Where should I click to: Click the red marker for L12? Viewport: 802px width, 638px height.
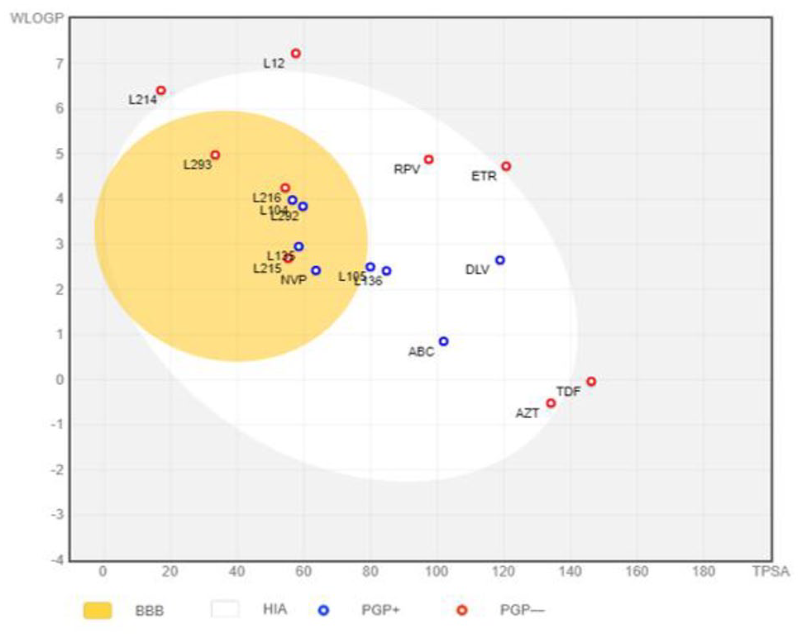click(x=295, y=54)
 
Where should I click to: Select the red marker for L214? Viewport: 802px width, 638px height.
click(x=161, y=90)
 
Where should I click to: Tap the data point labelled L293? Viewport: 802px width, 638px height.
click(x=215, y=155)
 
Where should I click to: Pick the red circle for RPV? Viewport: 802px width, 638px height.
click(x=428, y=159)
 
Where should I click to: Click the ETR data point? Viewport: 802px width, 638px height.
click(x=506, y=166)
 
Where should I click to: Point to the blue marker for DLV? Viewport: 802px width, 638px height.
click(x=499, y=260)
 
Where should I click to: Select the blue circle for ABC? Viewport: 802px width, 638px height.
click(x=443, y=341)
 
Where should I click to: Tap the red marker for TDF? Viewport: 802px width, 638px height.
click(x=591, y=381)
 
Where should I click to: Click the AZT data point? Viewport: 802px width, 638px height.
click(x=551, y=403)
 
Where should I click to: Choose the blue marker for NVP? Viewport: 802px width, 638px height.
click(x=316, y=270)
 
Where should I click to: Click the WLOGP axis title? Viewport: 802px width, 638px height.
click(x=31, y=17)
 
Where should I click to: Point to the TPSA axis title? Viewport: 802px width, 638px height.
click(x=771, y=571)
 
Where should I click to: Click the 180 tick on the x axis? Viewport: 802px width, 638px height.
click(x=703, y=571)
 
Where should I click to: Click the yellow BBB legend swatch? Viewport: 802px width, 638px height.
click(x=98, y=610)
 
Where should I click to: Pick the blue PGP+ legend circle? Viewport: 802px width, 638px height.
click(x=324, y=610)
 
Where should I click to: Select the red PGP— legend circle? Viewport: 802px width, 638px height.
click(x=462, y=610)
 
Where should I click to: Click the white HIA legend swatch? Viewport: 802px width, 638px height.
click(x=225, y=610)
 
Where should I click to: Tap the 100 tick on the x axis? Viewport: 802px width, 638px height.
click(x=437, y=571)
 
